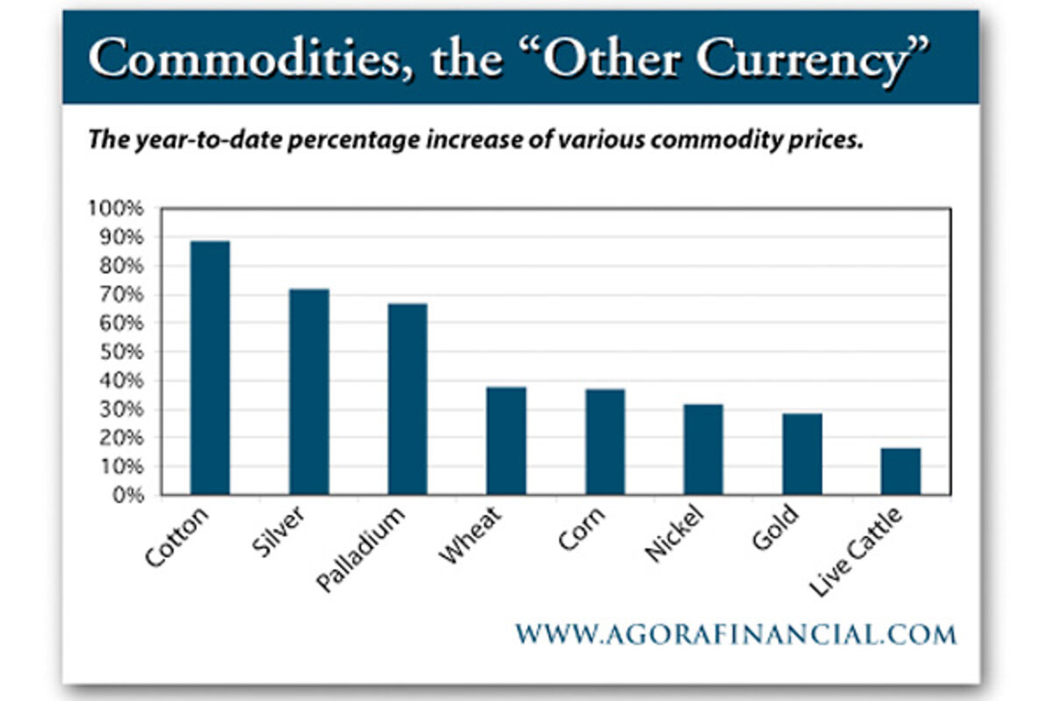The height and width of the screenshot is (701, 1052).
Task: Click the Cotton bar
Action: tap(210, 368)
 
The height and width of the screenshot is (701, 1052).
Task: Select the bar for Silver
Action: tap(309, 392)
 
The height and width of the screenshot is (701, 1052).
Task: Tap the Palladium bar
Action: tap(408, 399)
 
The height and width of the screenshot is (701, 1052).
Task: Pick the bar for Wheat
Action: tap(507, 441)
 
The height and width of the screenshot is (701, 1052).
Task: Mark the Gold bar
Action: tap(802, 454)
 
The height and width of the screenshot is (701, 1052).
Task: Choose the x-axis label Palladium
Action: tap(361, 549)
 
